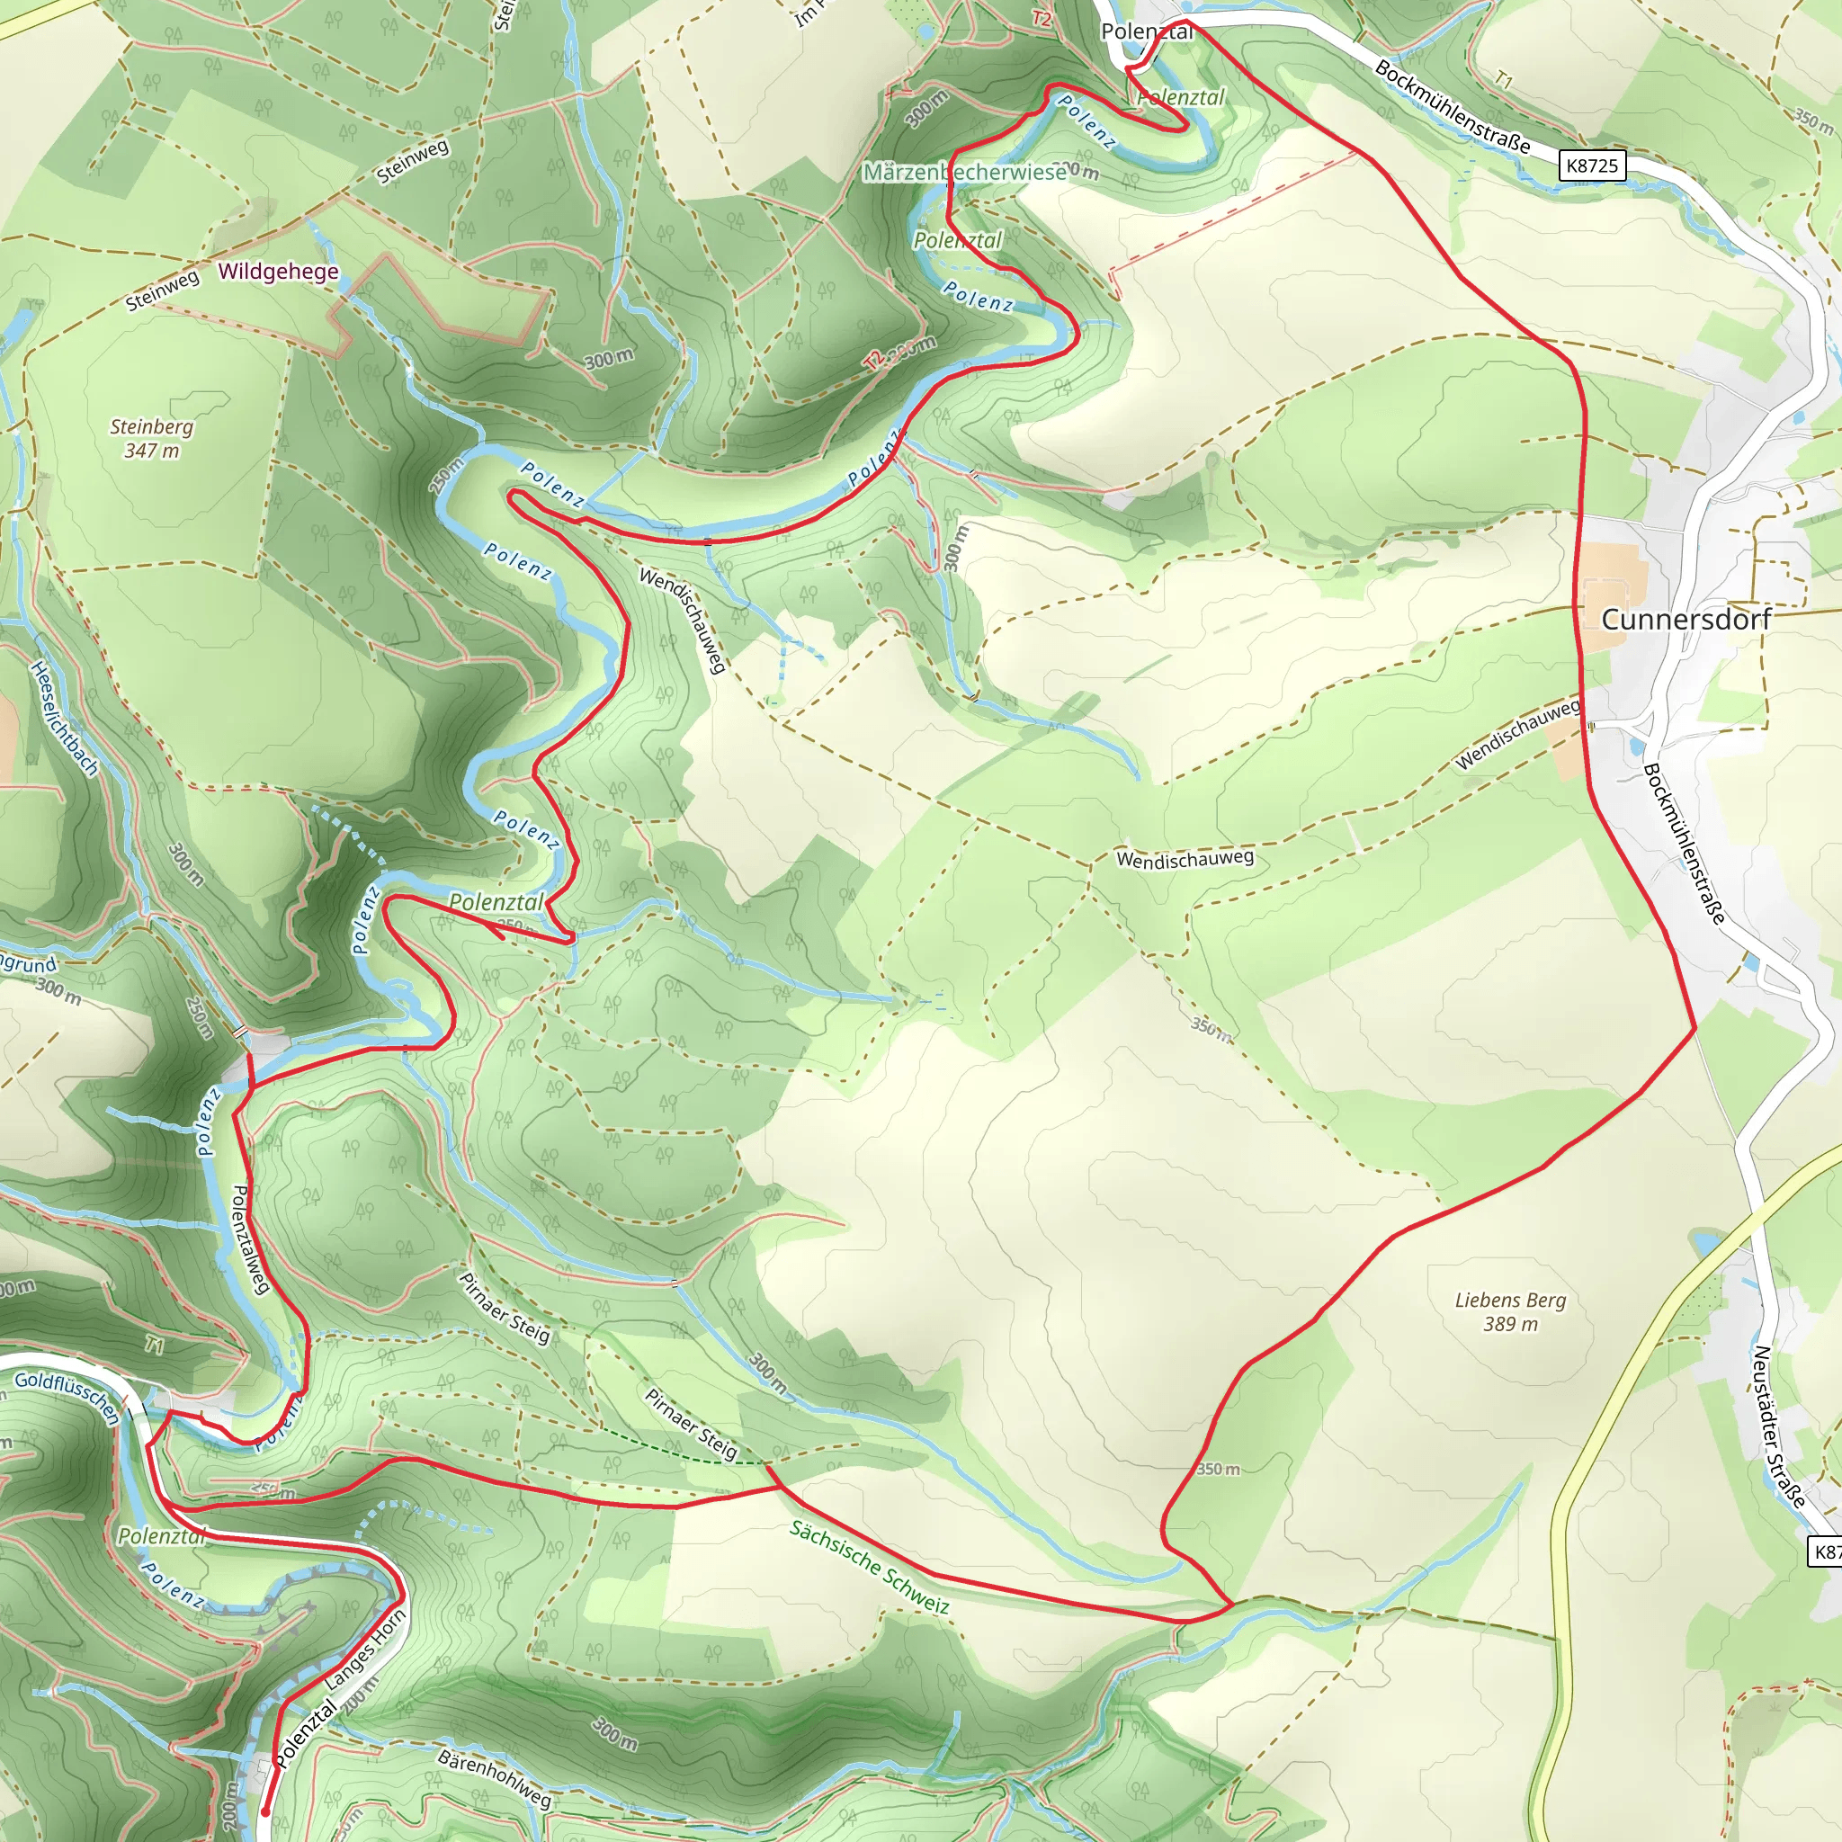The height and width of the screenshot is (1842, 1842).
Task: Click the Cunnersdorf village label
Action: coord(1686,620)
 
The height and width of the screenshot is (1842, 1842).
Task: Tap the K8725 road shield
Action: coord(1592,165)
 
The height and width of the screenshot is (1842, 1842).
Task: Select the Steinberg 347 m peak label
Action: coord(152,439)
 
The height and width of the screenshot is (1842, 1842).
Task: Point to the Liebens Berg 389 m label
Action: coord(1511,1311)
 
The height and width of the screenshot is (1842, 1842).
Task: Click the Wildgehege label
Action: coord(279,272)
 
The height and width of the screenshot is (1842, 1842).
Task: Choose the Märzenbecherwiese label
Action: coord(965,173)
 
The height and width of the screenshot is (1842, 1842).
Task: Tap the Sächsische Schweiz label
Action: coord(870,1568)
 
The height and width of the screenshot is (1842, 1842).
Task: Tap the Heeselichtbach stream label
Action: coord(65,718)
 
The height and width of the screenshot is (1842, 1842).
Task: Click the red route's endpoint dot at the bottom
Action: coord(265,1811)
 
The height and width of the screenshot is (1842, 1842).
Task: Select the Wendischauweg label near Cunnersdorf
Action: coord(1518,734)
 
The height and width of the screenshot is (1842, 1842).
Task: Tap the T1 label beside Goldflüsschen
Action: coord(155,1346)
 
